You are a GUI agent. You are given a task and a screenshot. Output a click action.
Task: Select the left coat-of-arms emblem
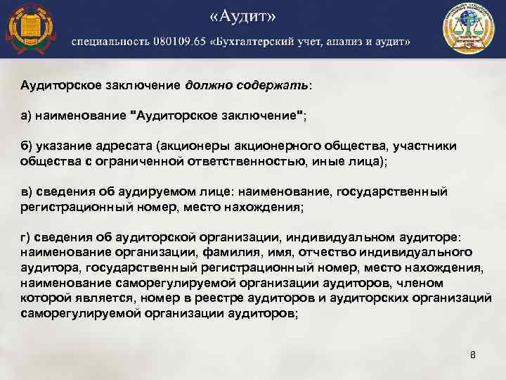pos(31,29)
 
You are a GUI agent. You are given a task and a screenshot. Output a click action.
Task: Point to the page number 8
pos(473,355)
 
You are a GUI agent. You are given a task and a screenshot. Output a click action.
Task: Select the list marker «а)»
pos(28,115)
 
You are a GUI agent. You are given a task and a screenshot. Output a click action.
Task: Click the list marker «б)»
pos(28,146)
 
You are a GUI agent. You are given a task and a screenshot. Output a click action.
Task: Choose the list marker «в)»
pos(27,191)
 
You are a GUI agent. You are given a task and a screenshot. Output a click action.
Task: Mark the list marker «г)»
pos(27,237)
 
